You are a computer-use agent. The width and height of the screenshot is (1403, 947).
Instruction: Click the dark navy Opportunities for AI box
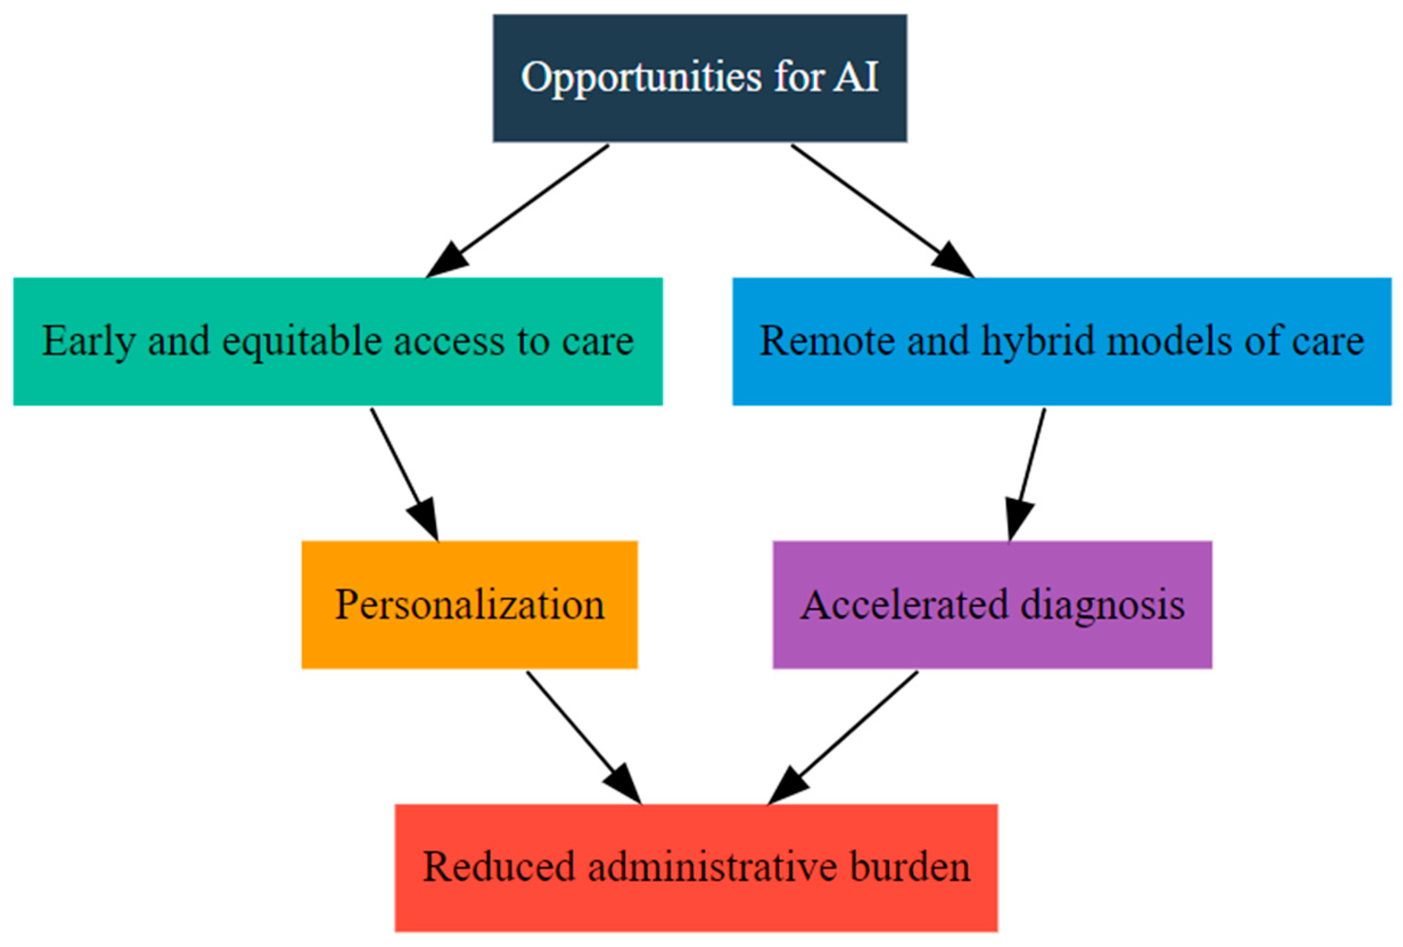click(699, 78)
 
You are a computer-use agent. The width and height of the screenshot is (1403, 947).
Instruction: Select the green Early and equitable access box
click(337, 341)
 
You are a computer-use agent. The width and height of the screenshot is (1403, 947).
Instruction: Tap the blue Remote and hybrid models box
click(1061, 341)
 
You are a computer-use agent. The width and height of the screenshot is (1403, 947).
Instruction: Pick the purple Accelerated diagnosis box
click(992, 604)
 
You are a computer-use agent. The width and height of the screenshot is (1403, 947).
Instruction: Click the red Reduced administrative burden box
click(696, 867)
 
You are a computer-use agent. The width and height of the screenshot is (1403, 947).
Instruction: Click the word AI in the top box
click(856, 77)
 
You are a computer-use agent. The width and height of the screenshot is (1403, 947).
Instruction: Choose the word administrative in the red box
click(712, 867)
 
